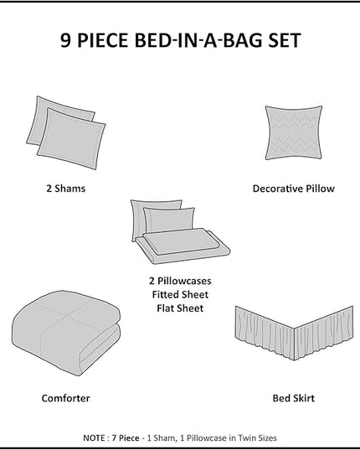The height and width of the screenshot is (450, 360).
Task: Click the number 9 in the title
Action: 65,40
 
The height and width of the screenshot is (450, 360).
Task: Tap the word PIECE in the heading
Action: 102,40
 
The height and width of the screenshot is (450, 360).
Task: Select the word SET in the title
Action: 285,40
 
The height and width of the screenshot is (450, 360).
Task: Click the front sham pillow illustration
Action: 71,138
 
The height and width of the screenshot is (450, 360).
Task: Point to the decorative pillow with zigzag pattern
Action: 294,132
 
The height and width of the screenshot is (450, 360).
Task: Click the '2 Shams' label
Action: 66,189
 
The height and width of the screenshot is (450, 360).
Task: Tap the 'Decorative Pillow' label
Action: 294,189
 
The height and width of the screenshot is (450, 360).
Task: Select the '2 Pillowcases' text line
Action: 180,281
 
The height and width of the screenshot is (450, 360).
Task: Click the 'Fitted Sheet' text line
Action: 180,294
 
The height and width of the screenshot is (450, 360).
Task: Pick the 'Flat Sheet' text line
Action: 180,308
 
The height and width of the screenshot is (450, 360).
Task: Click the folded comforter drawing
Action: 66,333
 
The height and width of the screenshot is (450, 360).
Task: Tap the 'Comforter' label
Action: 65,398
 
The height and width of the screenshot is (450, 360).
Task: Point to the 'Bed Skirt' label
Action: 294,398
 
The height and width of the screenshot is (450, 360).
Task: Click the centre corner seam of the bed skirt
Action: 294,344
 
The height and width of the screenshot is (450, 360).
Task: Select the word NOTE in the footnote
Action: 94,438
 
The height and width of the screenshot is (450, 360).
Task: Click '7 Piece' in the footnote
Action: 126,438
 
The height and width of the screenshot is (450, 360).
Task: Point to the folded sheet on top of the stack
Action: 181,241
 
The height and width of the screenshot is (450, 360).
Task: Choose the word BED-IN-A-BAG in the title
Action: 198,40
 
